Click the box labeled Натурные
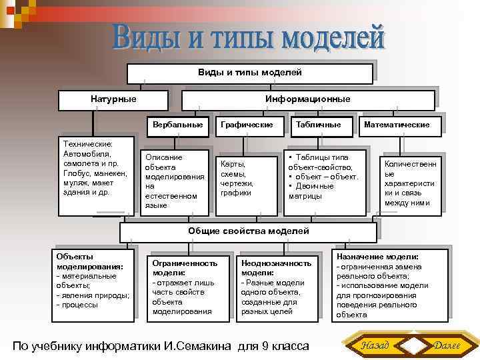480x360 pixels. (113, 99)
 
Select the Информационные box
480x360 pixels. (307, 99)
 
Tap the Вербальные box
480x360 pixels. (177, 125)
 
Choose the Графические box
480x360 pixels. (247, 125)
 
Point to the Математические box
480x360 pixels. (397, 125)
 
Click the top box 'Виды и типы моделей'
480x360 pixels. (249, 72)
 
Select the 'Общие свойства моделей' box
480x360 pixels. (249, 231)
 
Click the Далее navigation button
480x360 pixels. (447, 345)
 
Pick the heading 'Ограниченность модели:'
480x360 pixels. (176, 267)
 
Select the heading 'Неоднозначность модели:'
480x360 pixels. (276, 267)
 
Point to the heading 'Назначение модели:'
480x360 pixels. (377, 257)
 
